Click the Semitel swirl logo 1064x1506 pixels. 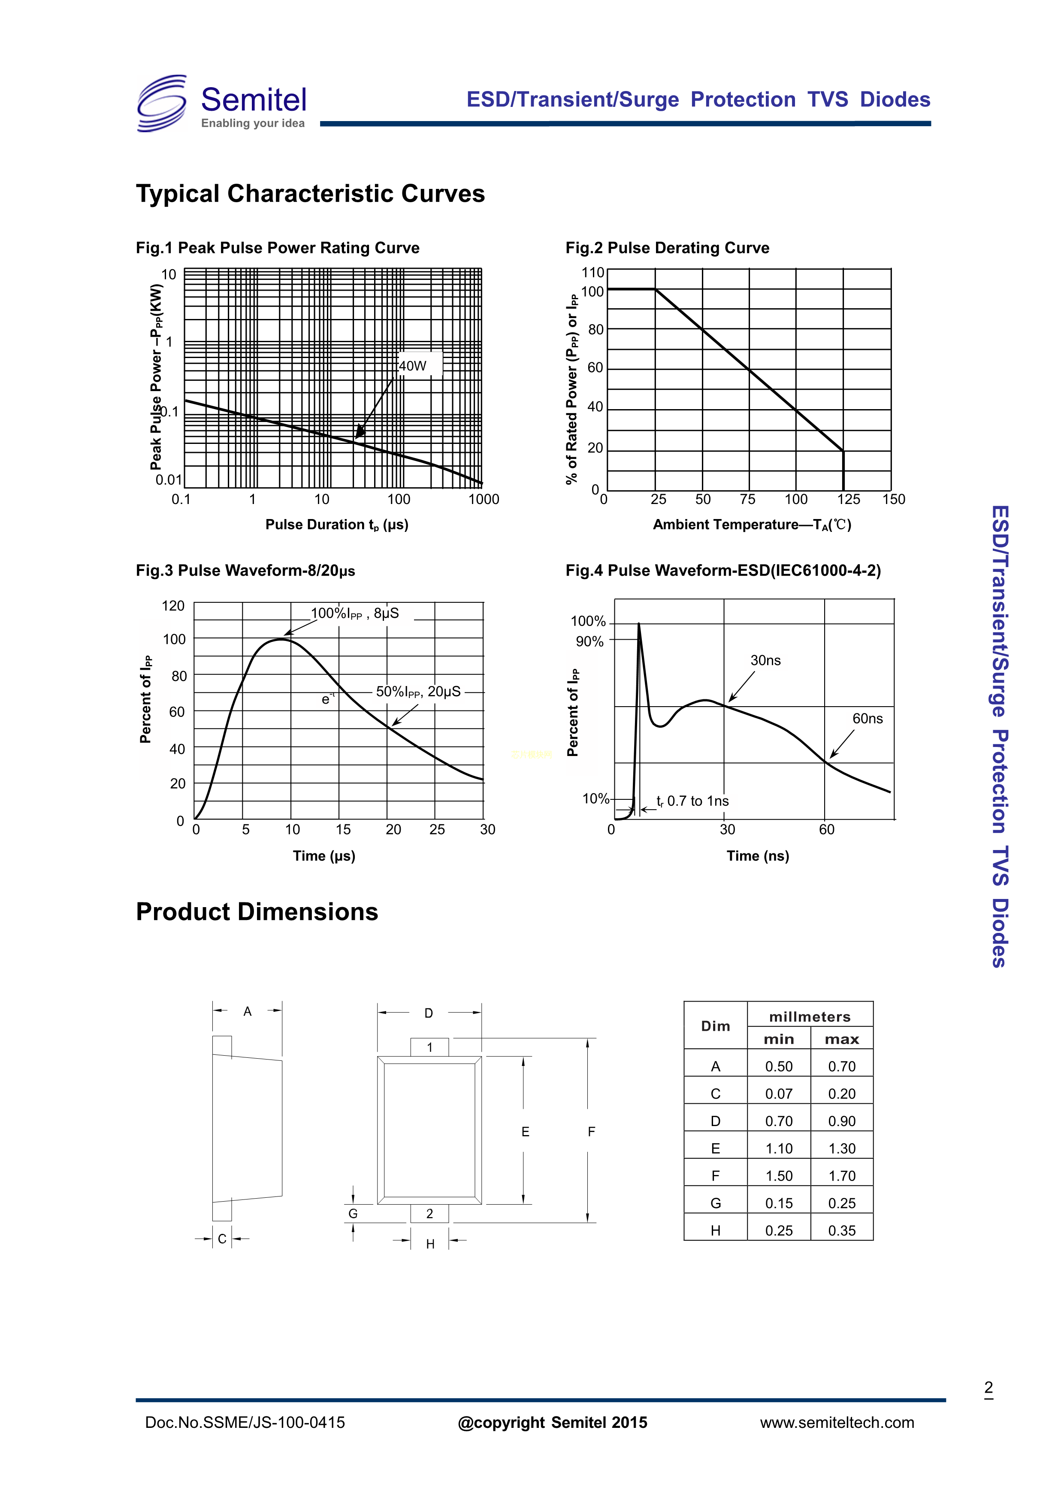point(162,103)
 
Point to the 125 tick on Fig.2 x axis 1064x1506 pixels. point(848,499)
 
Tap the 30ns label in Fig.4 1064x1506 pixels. point(765,661)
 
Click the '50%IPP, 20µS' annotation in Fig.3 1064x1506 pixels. point(418,692)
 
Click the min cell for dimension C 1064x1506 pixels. point(778,1094)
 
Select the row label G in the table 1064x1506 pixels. point(715,1203)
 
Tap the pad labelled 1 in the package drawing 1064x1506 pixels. point(429,1048)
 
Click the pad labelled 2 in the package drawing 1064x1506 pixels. point(429,1214)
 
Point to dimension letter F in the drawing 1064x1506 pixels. point(591,1132)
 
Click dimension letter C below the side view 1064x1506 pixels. point(222,1239)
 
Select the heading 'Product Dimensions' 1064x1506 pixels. point(257,912)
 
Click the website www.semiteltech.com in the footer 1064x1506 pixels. point(837,1422)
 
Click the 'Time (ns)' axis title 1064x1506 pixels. point(757,856)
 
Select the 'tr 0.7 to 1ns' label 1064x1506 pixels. point(692,801)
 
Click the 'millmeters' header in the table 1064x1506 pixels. point(810,1017)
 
